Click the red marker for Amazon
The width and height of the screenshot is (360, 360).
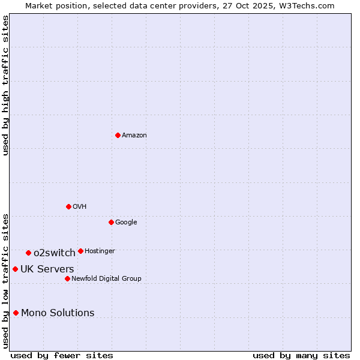tap(118, 135)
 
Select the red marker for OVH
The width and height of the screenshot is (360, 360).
tap(68, 206)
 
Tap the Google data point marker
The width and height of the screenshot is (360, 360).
tap(111, 222)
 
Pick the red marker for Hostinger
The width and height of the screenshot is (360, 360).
tap(80, 251)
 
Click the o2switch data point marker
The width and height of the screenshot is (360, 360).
tap(28, 253)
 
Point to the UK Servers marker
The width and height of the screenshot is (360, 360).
tap(15, 269)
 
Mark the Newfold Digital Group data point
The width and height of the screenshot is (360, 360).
tap(67, 278)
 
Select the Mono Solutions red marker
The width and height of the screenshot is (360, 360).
tap(16, 313)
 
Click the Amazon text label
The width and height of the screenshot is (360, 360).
tap(134, 136)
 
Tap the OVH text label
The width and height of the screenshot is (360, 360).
tap(80, 207)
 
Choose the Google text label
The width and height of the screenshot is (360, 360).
tap(126, 223)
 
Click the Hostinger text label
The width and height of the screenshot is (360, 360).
tap(100, 251)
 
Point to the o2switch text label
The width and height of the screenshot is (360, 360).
tap(55, 253)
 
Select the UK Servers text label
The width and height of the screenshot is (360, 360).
tap(47, 269)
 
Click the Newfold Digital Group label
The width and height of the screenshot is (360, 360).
tap(106, 278)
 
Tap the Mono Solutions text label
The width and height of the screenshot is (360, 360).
tap(58, 313)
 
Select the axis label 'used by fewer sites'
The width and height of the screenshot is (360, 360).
tap(62, 355)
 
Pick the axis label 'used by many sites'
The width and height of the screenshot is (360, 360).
tap(301, 355)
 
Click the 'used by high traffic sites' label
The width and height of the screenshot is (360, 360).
tap(5, 85)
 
